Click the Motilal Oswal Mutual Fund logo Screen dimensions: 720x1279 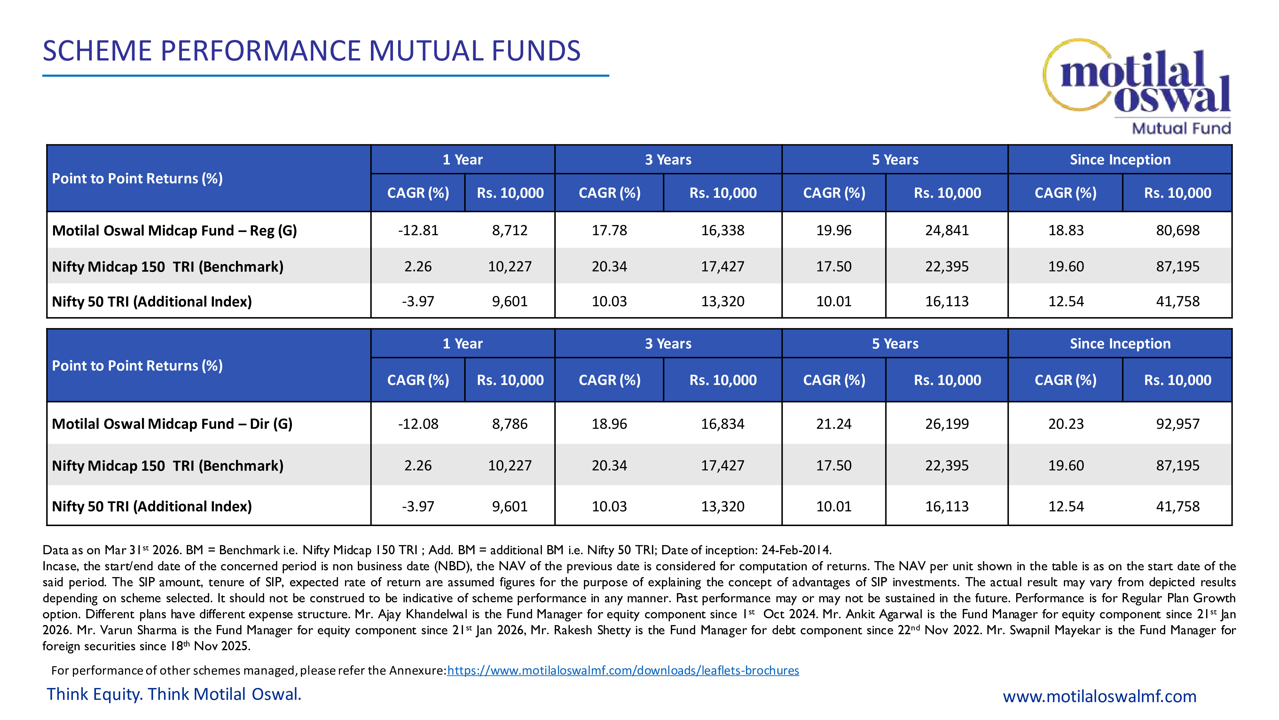click(x=1137, y=85)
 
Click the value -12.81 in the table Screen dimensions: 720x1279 click(x=418, y=230)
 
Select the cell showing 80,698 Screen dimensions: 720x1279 click(x=1177, y=230)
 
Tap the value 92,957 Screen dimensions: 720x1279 click(x=1177, y=424)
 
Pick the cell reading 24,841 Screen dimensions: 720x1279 click(x=946, y=230)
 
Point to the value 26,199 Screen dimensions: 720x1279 click(x=946, y=424)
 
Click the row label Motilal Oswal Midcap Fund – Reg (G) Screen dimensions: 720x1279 click(x=174, y=230)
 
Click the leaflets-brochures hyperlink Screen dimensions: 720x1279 click(x=623, y=670)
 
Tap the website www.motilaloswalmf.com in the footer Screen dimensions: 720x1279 click(x=1099, y=696)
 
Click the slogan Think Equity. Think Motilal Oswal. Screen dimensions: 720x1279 click(x=174, y=694)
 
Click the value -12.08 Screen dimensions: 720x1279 click(x=418, y=424)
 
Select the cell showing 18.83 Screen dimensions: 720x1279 click(x=1065, y=230)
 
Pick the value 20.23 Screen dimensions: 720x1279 click(x=1065, y=424)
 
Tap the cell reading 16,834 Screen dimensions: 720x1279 click(x=722, y=424)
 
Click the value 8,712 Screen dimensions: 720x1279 click(x=509, y=230)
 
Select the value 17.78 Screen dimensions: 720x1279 click(x=609, y=230)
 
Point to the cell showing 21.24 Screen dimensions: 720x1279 click(x=834, y=424)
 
